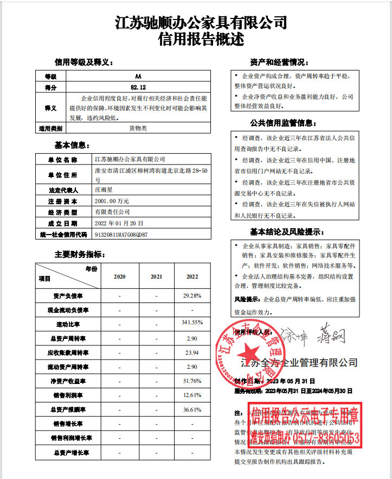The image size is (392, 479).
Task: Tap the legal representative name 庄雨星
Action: click(105, 191)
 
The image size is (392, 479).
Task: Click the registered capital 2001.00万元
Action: click(112, 201)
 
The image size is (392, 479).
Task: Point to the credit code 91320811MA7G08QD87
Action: click(121, 235)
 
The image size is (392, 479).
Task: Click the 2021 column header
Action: click(156, 276)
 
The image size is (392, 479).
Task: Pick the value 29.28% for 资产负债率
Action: click(192, 295)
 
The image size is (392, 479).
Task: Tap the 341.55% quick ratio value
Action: click(192, 323)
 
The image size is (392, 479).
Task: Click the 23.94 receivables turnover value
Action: click(192, 352)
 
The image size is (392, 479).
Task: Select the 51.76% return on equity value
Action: click(192, 381)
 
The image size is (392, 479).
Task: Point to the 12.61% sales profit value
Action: click(192, 395)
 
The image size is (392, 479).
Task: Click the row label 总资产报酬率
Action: click(67, 409)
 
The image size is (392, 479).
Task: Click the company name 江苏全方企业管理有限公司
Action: click(299, 362)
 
